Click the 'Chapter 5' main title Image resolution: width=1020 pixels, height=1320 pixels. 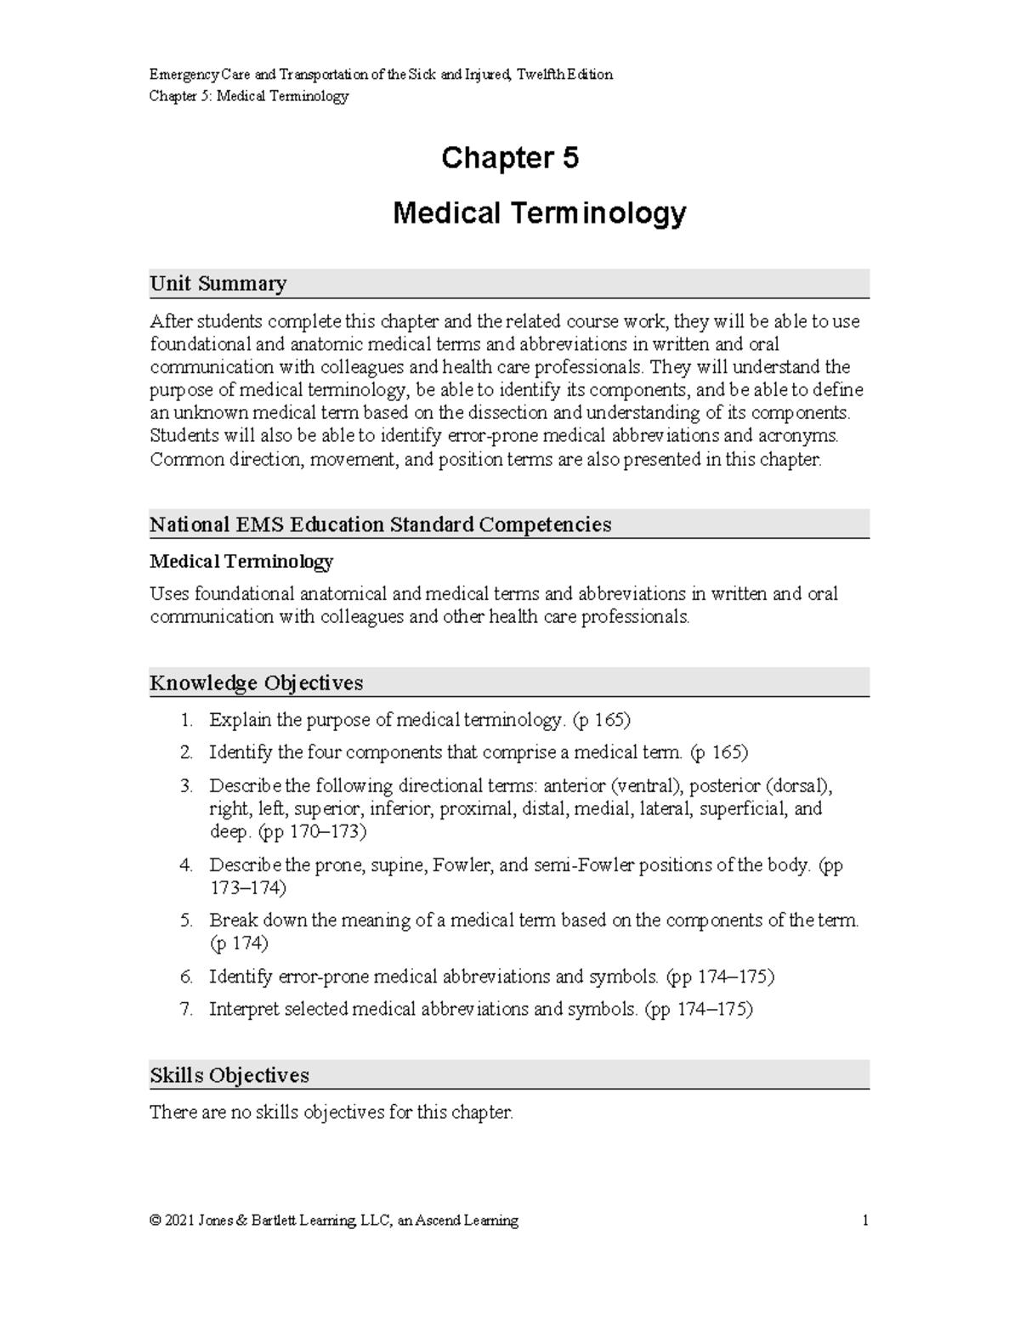pyautogui.click(x=509, y=158)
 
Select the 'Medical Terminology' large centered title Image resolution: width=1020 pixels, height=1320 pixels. pyautogui.click(x=539, y=212)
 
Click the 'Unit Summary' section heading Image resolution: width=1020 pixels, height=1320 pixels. pyautogui.click(x=218, y=283)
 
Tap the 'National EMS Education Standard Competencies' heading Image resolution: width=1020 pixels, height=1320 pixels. pyautogui.click(x=380, y=524)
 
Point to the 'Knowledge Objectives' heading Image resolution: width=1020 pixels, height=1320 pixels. pyautogui.click(x=256, y=683)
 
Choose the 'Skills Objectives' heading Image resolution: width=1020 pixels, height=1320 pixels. pyautogui.click(x=229, y=1075)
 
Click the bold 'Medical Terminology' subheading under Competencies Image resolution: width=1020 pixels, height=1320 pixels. pyautogui.click(x=241, y=562)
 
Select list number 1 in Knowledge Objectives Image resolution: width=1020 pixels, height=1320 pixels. pyautogui.click(x=186, y=721)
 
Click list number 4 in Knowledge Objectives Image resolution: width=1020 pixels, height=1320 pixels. pyautogui.click(x=186, y=865)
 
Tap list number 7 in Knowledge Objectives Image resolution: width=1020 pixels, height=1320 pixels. pyautogui.click(x=186, y=1009)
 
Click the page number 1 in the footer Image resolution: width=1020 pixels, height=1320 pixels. pyautogui.click(x=865, y=1221)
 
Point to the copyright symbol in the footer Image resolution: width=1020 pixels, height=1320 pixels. pyautogui.click(x=155, y=1221)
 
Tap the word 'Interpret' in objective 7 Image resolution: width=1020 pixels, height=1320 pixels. pyautogui.click(x=242, y=1009)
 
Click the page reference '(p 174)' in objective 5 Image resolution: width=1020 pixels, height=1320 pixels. pyautogui.click(x=239, y=943)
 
